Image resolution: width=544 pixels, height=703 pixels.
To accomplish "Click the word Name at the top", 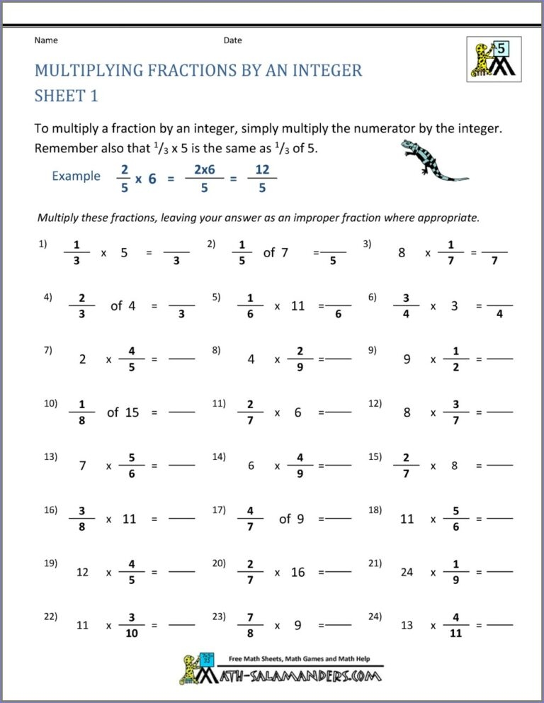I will [x=46, y=40].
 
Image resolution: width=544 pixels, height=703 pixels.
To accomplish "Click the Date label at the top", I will [x=233, y=40].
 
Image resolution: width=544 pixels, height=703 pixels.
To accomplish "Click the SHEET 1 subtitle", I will [x=66, y=96].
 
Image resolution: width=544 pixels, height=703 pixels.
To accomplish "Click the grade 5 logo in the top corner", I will [x=491, y=58].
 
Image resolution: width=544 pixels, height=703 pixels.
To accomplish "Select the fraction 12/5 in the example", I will [x=262, y=177].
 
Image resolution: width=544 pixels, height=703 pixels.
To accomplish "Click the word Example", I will [x=76, y=176].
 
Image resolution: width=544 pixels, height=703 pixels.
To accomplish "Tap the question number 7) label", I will [x=48, y=349].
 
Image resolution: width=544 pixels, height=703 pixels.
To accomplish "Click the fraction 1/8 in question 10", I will [x=82, y=412].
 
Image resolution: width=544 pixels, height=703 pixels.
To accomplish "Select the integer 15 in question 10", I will [x=132, y=412].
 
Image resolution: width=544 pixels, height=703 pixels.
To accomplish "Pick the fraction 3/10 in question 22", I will [x=131, y=626].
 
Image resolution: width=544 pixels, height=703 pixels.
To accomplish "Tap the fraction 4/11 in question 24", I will [x=455, y=626].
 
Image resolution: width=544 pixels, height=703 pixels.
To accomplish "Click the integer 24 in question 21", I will [x=407, y=572].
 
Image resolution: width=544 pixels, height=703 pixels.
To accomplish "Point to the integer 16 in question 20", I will [x=298, y=572].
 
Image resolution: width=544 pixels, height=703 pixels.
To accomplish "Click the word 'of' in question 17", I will [x=285, y=519].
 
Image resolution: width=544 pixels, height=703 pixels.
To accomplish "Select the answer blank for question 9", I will [x=500, y=360].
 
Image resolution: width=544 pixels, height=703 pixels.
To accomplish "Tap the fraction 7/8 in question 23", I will [x=250, y=626].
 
